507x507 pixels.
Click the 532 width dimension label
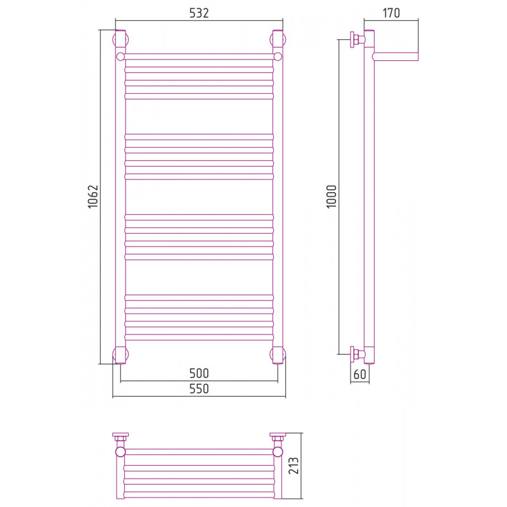coord(199,13)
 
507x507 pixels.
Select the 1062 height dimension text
coord(93,196)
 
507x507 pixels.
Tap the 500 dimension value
coord(199,373)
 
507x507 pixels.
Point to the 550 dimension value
coord(199,388)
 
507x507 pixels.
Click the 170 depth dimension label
coord(391,13)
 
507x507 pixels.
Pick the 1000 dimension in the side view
coord(331,196)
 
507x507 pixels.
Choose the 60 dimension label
coord(359,374)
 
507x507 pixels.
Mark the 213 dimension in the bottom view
coord(293,466)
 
